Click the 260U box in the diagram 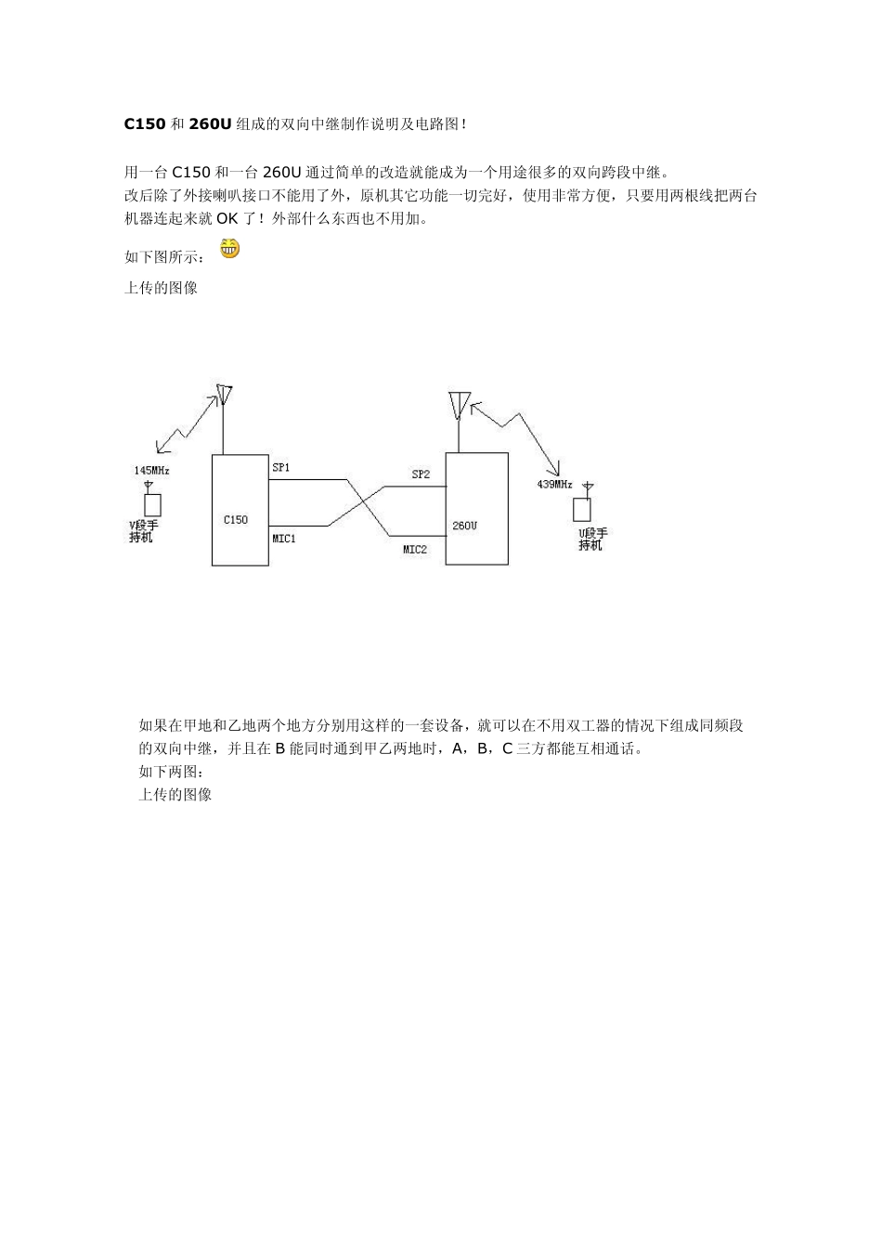tap(476, 509)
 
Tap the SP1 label tap(280, 468)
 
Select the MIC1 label tap(284, 538)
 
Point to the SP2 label tap(421, 474)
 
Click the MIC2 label tap(415, 550)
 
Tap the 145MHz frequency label tap(151, 471)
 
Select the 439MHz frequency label tap(554, 485)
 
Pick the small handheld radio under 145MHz tap(151, 503)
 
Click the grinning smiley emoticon tap(229, 248)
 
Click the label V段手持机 tap(143, 532)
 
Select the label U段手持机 tap(592, 539)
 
